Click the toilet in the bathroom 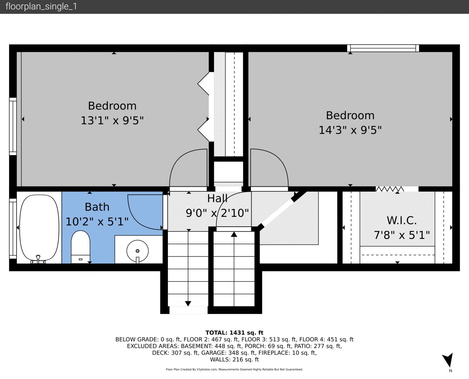tap(80, 247)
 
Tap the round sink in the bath tap(137, 251)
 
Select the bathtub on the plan tap(39, 228)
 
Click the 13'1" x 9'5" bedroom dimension tap(112, 120)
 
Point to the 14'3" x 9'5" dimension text tap(350, 130)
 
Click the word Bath tap(97, 207)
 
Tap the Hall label tap(217, 199)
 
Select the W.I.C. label tap(402, 220)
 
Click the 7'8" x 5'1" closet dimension tap(402, 235)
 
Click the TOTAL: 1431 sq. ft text tap(234, 333)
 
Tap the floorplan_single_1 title tap(41, 7)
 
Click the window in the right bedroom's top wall tap(383, 48)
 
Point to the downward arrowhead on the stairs tap(188, 304)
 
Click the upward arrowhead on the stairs tap(234, 234)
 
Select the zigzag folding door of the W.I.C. tap(390, 189)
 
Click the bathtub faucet tap(38, 259)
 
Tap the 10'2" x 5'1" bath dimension tap(97, 221)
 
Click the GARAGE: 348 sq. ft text tap(229, 353)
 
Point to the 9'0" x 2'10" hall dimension tap(217, 213)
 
